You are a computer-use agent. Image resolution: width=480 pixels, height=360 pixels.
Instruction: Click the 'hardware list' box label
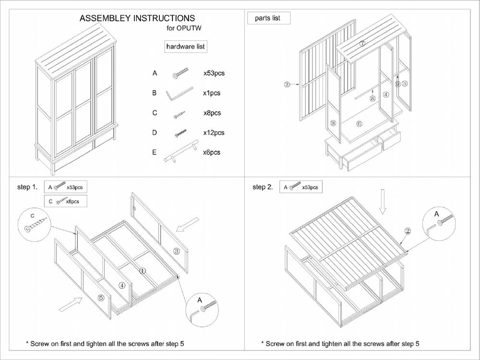pos(186,47)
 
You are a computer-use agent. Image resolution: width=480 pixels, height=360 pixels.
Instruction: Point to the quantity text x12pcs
pos(214,132)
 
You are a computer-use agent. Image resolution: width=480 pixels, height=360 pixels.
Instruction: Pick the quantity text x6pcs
pos(212,152)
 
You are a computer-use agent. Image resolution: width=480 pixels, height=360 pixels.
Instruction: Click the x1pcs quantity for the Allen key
pos(212,93)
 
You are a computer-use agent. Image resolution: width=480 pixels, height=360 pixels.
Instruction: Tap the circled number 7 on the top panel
pos(362,44)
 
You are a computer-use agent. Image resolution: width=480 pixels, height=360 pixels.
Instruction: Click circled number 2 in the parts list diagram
pos(287,84)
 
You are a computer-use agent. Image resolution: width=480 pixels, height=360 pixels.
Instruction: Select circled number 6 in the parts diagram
pos(360,123)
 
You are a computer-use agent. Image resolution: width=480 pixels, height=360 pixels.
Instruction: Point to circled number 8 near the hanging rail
pos(372,98)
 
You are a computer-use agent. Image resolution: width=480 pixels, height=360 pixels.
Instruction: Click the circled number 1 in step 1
pos(142,271)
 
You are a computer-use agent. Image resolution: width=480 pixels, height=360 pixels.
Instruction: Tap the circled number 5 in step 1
pos(101,297)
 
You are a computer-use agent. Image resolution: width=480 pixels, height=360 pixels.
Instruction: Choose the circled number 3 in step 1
pos(176,251)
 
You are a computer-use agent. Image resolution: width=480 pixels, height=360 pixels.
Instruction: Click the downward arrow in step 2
pos(382,202)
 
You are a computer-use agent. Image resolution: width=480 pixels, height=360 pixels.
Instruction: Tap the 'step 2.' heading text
pos(263,187)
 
